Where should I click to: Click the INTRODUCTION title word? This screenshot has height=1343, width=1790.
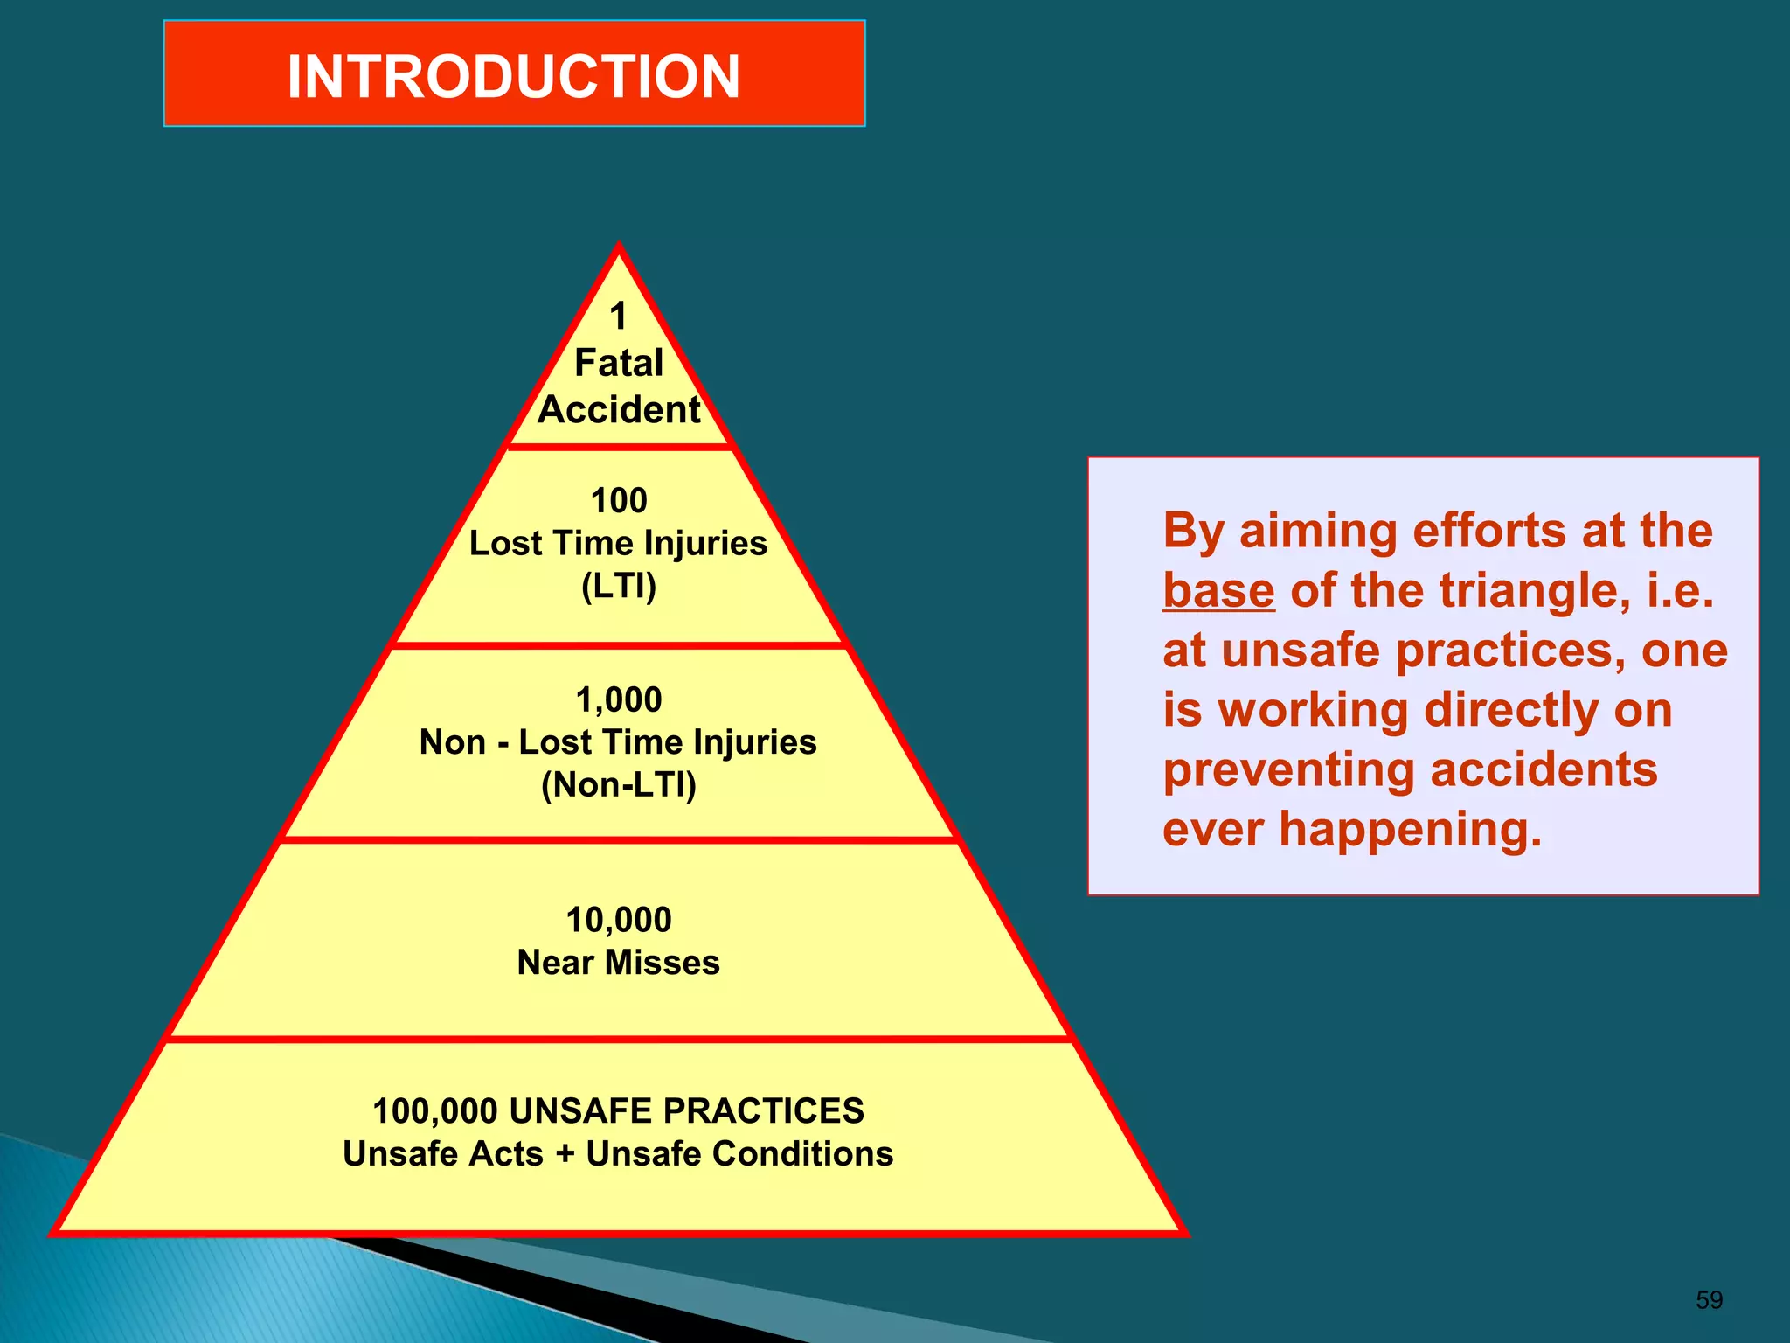(x=514, y=76)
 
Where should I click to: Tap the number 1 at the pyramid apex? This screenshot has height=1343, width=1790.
(x=619, y=317)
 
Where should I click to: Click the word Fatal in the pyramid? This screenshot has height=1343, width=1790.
(x=619, y=363)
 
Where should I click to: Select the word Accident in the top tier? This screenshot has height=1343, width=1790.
(x=619, y=410)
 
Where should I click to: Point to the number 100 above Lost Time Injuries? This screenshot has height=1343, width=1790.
(x=619, y=501)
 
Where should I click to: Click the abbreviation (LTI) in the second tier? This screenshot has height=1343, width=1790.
(x=619, y=586)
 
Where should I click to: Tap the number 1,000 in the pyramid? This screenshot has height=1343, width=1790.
(x=619, y=699)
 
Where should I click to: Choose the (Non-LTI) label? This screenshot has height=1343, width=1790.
(x=619, y=784)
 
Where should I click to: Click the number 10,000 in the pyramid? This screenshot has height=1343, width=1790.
(x=619, y=920)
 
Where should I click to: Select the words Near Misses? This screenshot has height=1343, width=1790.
(x=619, y=963)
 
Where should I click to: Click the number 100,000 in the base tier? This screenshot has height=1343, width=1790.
(x=434, y=1111)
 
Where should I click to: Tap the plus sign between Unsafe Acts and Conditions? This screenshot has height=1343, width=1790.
(x=565, y=1154)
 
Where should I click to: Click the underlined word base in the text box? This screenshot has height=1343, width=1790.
(x=1218, y=591)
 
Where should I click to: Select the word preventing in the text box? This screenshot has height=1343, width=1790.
(x=1289, y=770)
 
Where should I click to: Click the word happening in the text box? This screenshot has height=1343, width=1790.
(x=1410, y=830)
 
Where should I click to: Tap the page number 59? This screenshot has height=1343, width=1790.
(x=1709, y=1300)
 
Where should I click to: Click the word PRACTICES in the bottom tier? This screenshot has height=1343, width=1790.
(x=763, y=1111)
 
